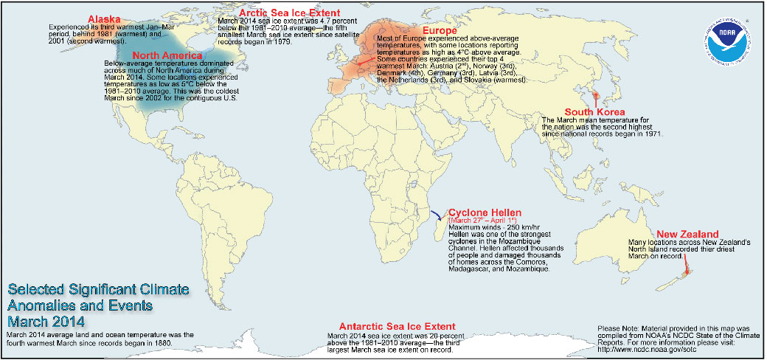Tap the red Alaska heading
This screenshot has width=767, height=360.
[x=105, y=18]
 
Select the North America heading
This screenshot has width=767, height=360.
[x=167, y=55]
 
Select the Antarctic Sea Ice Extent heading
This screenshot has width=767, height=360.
[x=396, y=326]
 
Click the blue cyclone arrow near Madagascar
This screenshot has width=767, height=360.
[x=436, y=215]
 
